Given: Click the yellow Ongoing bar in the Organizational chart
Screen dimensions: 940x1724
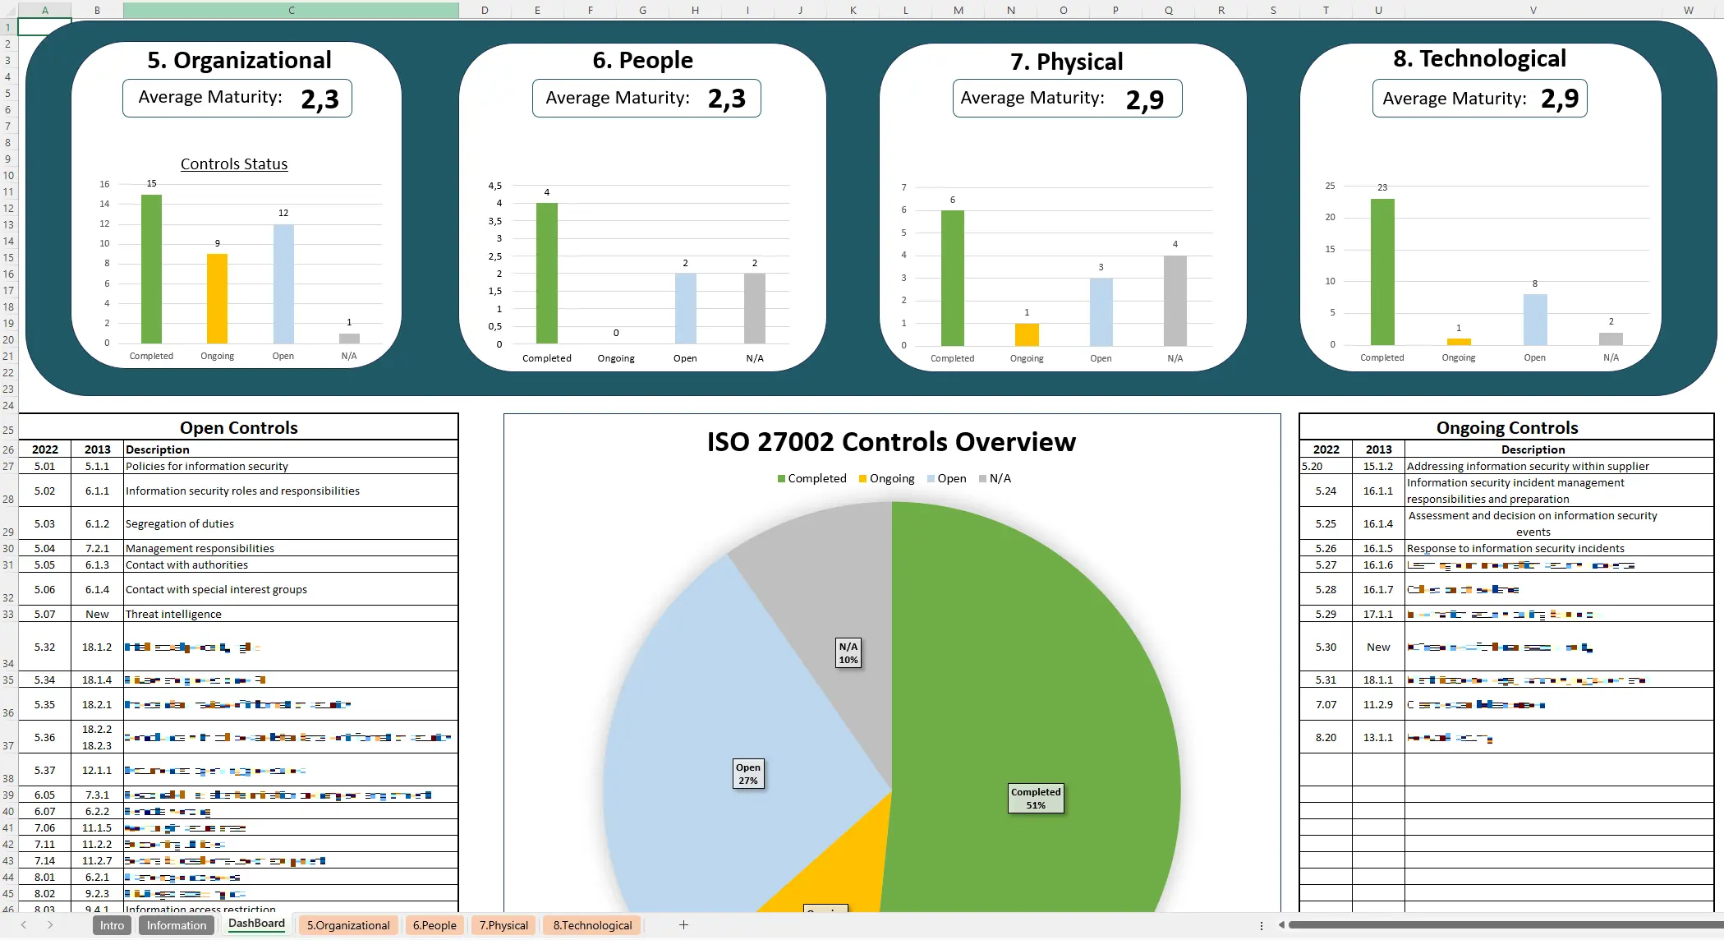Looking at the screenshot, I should (217, 298).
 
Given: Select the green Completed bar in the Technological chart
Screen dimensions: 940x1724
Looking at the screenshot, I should (1382, 272).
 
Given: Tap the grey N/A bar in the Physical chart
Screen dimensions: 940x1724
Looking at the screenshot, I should (1175, 301).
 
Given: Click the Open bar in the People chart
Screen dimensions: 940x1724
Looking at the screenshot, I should (685, 308).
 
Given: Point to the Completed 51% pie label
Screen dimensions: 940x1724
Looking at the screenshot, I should (1036, 798).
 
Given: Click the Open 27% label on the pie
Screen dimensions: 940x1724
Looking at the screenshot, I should (747, 773).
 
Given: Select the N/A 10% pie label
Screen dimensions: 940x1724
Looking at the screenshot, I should (848, 652).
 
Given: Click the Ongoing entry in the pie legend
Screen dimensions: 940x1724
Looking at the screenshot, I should (887, 478).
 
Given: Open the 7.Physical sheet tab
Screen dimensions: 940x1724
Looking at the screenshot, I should (503, 925).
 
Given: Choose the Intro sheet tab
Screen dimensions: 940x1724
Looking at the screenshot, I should (112, 925).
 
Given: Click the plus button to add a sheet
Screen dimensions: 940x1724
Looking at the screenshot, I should (683, 925).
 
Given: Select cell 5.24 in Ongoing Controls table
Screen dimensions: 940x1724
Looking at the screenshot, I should (1325, 491).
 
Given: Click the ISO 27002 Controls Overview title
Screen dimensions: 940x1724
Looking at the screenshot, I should (891, 442).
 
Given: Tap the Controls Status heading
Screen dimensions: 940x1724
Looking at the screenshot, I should (234, 164).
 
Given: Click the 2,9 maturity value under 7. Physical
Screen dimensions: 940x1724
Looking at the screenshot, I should (1144, 100).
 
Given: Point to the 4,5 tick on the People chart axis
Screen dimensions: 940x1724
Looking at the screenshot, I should (494, 186).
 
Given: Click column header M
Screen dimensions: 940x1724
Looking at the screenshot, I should (958, 10).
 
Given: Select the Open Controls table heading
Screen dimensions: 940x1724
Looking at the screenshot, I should (238, 427).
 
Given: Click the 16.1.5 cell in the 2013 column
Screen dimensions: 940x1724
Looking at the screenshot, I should (1377, 548).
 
